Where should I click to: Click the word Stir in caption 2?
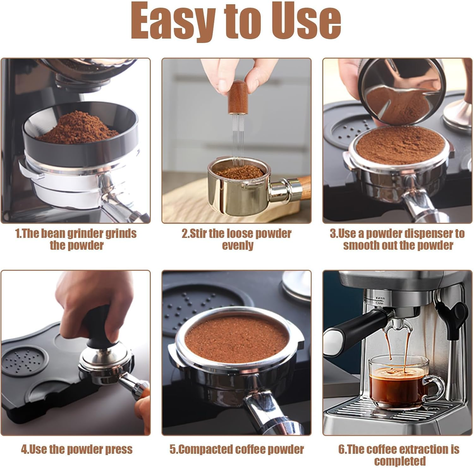coord(198,234)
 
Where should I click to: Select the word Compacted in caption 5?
coord(206,449)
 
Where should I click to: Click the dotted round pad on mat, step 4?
coord(24,360)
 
